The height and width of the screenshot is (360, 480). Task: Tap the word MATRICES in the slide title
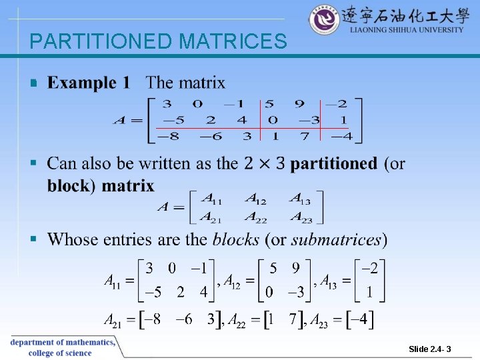(233, 42)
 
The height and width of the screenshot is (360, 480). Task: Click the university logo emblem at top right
(325, 20)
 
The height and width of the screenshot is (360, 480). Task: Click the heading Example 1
(89, 83)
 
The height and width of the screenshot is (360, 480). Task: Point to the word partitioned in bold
(333, 164)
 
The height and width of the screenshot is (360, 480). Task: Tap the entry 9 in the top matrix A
(299, 104)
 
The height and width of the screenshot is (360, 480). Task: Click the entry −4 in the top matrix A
(342, 137)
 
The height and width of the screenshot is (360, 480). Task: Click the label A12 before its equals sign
(234, 281)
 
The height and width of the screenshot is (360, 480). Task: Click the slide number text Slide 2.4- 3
(430, 349)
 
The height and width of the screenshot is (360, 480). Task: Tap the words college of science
(60, 353)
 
